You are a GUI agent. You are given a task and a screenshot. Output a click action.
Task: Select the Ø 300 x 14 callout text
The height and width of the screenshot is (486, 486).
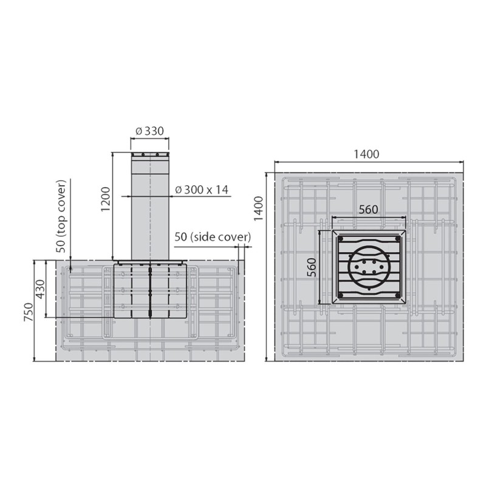click(x=201, y=190)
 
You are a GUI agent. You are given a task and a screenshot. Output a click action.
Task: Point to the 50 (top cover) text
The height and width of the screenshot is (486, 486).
click(x=60, y=216)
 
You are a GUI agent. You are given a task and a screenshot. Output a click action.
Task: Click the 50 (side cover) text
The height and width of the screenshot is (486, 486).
click(x=213, y=236)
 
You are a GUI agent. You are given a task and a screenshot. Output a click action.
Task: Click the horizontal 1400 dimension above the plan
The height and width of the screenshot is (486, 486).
click(x=366, y=154)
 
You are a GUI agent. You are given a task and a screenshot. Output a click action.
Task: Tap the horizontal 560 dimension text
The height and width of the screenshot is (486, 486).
click(x=368, y=210)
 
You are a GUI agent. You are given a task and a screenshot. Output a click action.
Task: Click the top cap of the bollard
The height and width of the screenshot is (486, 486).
click(x=150, y=156)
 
